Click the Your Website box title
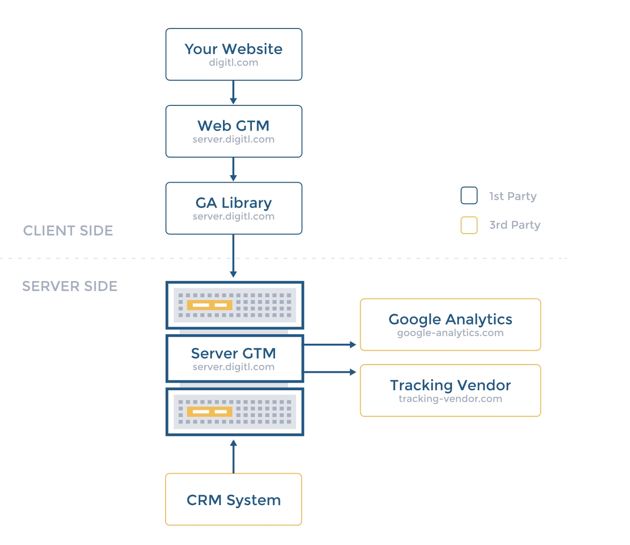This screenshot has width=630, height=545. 233,49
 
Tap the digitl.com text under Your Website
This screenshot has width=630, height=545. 233,63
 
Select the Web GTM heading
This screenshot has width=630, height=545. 233,126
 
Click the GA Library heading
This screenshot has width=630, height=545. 233,203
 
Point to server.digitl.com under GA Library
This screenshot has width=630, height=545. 233,216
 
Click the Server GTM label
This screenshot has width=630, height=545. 233,353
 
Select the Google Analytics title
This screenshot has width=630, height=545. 450,319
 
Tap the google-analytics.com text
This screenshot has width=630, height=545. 450,333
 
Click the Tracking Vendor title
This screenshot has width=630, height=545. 450,385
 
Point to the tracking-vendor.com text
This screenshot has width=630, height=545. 450,399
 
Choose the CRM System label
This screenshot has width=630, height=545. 233,500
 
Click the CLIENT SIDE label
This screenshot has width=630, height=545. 68,231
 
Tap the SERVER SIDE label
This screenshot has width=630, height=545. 70,286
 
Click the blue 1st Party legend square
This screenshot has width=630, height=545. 469,196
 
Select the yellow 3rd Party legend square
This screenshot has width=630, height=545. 469,225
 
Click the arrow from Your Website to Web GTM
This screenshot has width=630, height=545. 233,93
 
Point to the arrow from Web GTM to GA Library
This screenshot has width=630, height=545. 233,169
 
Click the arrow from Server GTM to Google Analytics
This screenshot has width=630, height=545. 330,345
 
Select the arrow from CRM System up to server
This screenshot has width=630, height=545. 233,457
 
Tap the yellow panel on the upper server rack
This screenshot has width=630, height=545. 209,305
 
